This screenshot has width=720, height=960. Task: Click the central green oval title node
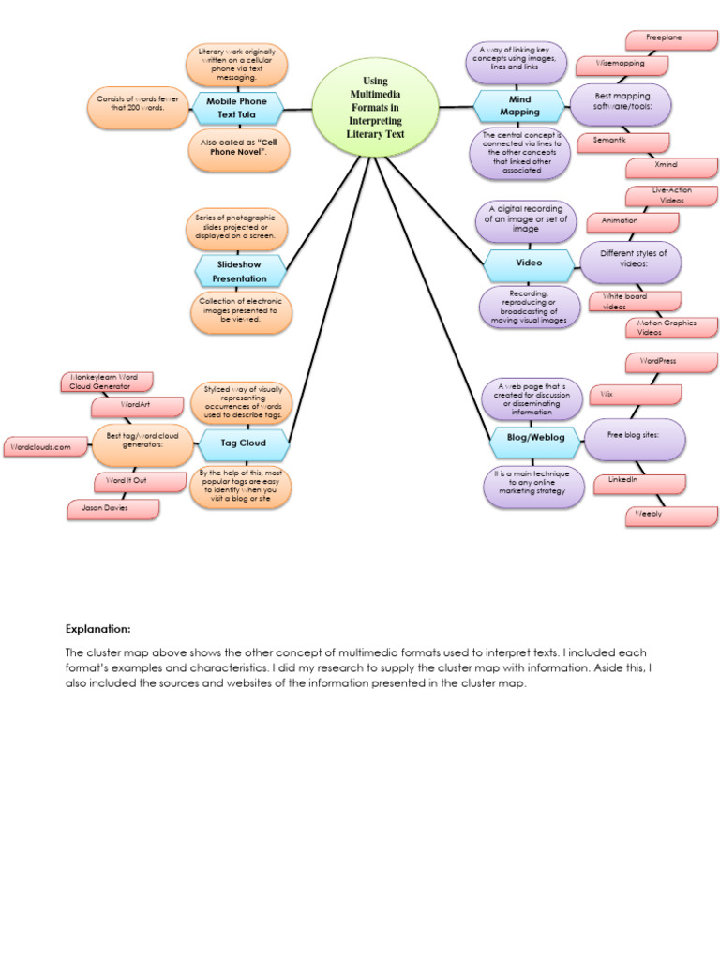click(375, 108)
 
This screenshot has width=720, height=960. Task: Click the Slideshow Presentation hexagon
click(239, 271)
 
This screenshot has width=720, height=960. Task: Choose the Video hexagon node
click(529, 265)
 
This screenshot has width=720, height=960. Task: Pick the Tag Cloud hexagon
click(242, 442)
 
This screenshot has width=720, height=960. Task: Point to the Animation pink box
click(632, 222)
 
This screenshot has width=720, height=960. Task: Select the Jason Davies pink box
click(112, 508)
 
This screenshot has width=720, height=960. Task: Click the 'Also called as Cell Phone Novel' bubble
click(240, 150)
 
